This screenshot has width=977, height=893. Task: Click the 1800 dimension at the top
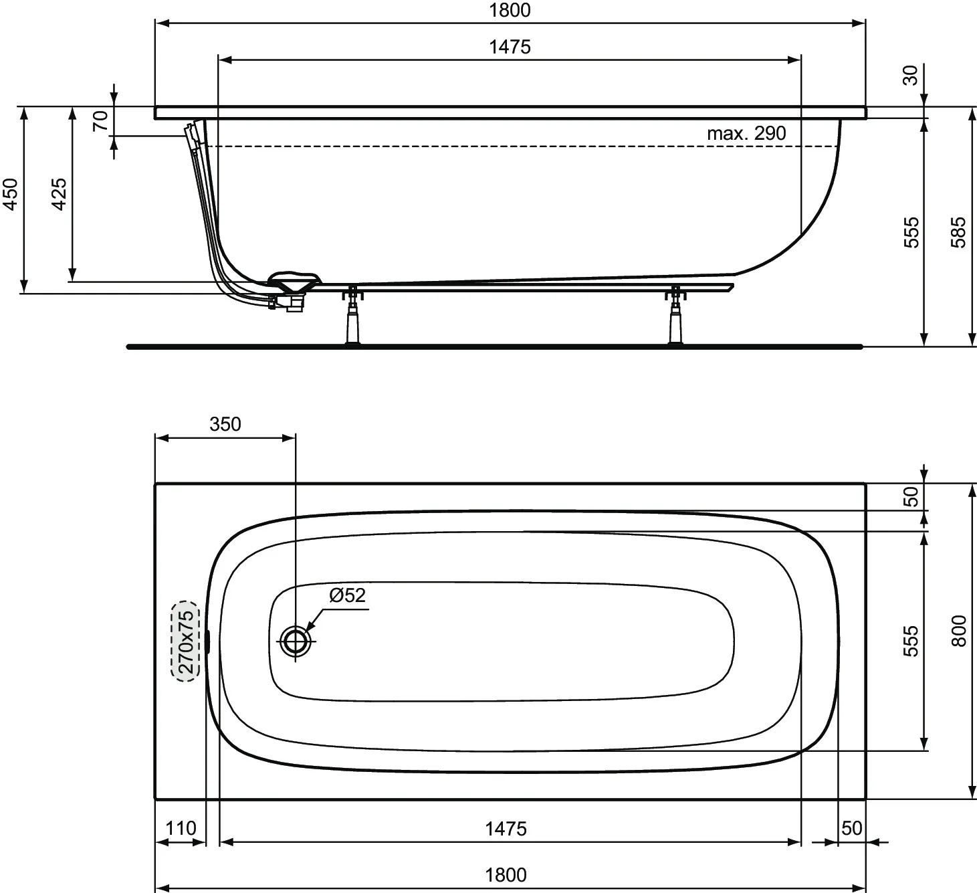510,10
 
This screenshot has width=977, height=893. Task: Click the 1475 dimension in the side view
510,47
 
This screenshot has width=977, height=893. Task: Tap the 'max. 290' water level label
746,133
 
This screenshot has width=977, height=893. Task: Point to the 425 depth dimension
59,194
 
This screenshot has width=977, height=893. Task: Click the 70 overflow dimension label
100,120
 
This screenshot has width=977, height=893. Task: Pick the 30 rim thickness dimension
910,76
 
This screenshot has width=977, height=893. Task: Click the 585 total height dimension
958,232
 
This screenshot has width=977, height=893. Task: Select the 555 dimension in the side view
911,232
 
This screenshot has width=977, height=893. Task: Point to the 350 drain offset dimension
225,424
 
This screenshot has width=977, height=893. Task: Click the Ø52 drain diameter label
347,595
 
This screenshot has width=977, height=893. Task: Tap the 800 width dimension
958,631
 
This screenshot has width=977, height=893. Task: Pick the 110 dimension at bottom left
181,828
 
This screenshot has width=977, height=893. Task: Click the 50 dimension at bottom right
851,828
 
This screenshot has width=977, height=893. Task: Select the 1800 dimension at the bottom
506,875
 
